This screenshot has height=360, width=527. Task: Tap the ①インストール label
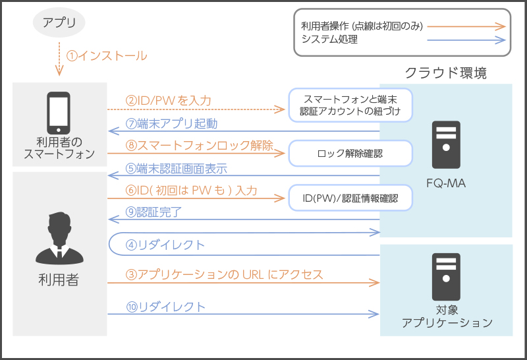point(107,55)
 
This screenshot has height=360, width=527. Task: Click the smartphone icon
point(58,112)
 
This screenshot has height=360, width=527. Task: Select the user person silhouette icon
point(59,237)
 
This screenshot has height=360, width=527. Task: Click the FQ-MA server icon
point(446,144)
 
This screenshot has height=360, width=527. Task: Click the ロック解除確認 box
point(350,153)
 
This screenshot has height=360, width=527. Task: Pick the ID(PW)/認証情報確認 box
point(350,196)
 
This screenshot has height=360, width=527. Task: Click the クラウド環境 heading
point(446,73)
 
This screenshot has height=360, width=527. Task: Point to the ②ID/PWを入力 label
point(169,101)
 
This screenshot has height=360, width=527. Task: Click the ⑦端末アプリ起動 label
point(171,123)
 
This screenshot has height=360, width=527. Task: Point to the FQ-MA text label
point(446,184)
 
